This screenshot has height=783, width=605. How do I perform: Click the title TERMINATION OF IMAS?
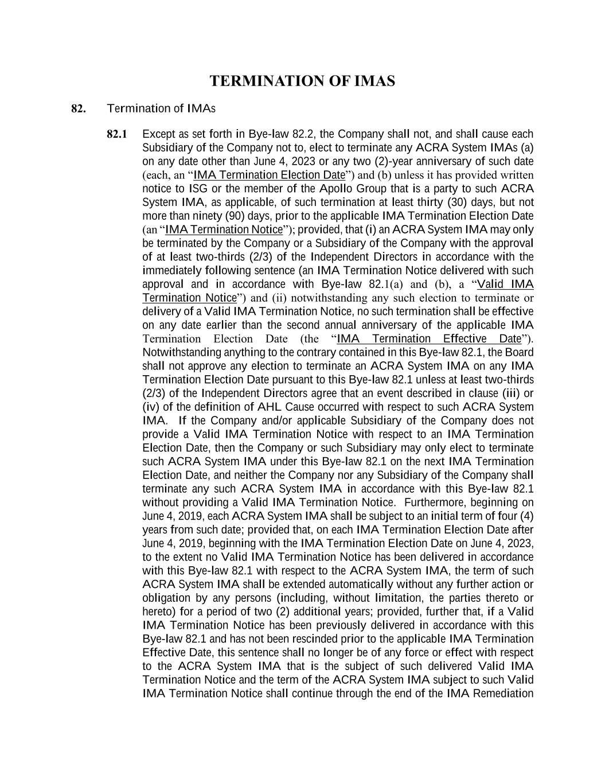pos(302,81)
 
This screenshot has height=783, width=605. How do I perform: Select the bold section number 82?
pos(79,108)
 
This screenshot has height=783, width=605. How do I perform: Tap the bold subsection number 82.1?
pos(117,134)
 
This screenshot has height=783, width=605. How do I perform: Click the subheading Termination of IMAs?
pos(161,108)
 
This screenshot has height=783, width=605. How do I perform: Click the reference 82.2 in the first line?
pos(303,134)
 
